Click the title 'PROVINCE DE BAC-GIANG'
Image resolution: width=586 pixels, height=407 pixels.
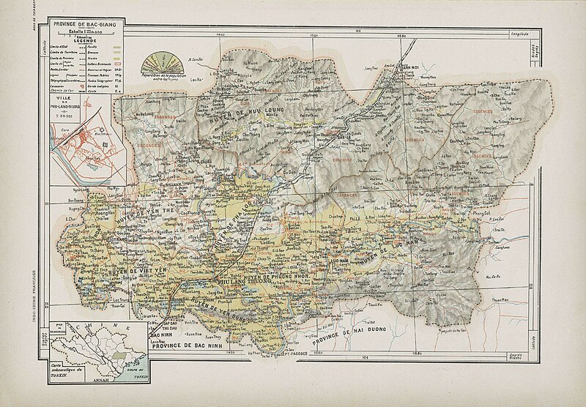pos(78,24)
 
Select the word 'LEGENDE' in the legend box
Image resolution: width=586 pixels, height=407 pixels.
pos(78,40)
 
